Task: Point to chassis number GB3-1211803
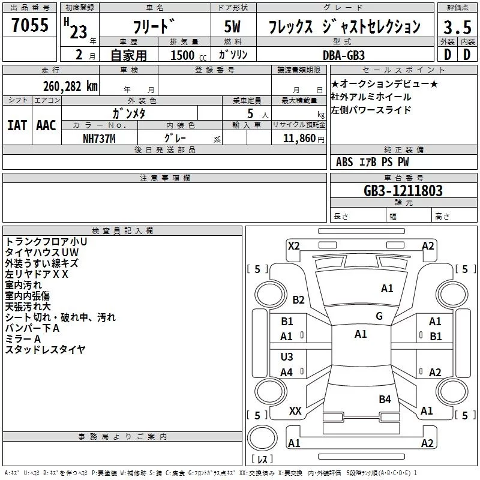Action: (x=403, y=191)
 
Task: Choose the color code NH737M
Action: (x=99, y=139)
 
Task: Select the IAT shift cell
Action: (x=17, y=125)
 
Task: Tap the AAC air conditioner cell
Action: (x=46, y=125)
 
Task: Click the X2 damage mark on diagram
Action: (x=293, y=245)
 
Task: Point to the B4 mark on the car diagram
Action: (x=385, y=399)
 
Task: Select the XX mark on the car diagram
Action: (x=295, y=411)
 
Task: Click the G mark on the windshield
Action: (x=379, y=316)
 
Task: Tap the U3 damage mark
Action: (x=287, y=357)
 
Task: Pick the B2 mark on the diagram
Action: (x=298, y=300)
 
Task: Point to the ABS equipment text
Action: (x=344, y=162)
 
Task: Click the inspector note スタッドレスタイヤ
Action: (x=46, y=349)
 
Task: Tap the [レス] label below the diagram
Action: (x=262, y=460)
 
